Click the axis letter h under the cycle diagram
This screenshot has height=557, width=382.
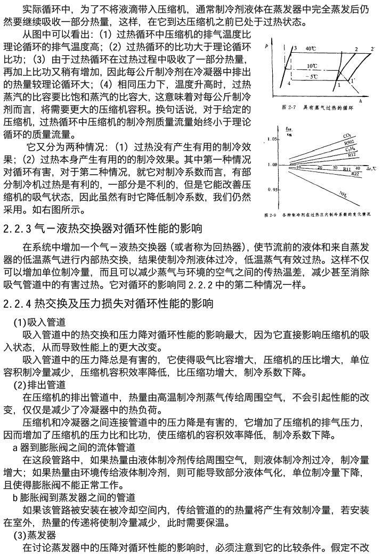pos(360,99)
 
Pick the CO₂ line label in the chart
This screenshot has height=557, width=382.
pos(347,136)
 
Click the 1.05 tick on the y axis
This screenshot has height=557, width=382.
pos(272,139)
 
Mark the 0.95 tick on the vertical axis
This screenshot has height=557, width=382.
pos(272,190)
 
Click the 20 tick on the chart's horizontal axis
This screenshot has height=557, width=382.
pos(320,167)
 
